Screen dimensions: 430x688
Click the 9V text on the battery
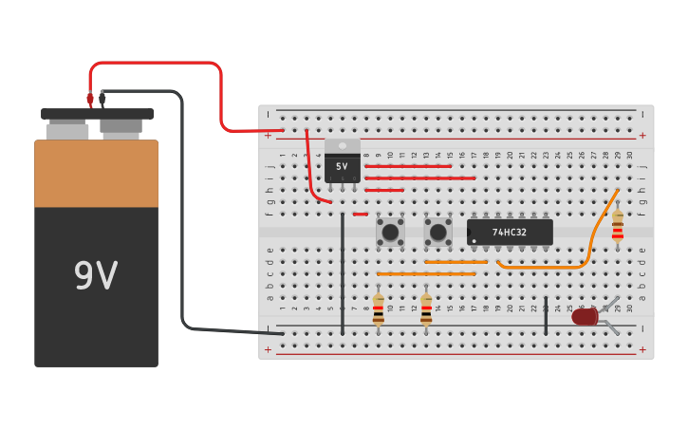(96, 276)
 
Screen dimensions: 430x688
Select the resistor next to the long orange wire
(618, 226)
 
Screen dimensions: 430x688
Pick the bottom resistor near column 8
(379, 309)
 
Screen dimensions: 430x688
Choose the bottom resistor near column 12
(426, 309)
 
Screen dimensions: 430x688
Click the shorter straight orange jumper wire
(456, 262)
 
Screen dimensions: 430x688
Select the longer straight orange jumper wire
(426, 274)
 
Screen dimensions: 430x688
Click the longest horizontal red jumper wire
(419, 178)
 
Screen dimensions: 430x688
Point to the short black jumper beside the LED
(546, 315)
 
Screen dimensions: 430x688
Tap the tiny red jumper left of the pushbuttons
(360, 214)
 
